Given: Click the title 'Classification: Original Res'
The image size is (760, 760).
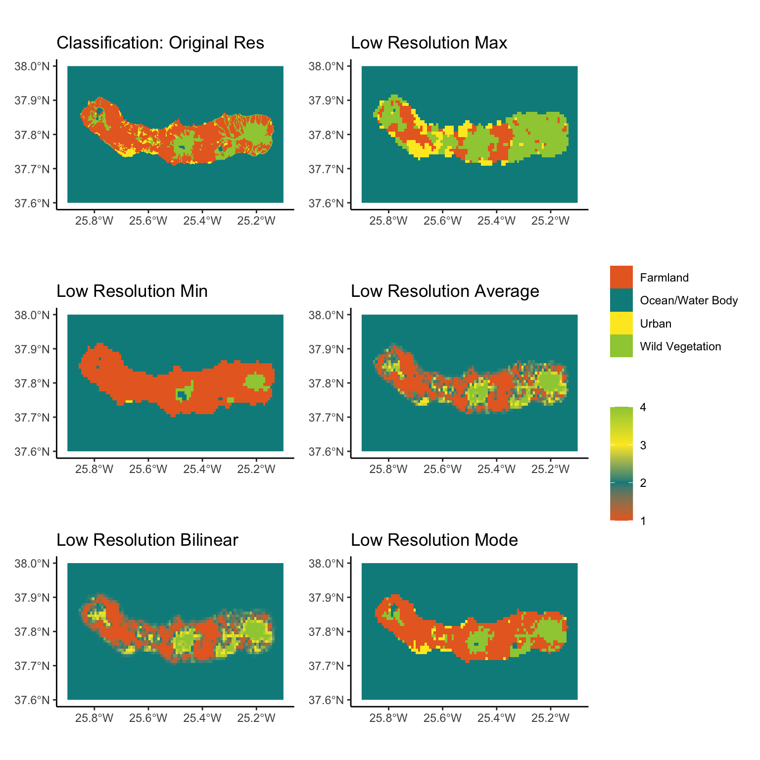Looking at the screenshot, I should (160, 43).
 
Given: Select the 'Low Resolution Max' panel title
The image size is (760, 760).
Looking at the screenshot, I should (429, 43).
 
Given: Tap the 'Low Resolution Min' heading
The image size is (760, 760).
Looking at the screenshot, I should (132, 291).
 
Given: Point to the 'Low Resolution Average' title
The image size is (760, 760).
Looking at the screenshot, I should (445, 291).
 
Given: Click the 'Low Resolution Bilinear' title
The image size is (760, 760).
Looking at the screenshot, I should (147, 540).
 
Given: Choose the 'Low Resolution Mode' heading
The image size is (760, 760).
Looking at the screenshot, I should (434, 540).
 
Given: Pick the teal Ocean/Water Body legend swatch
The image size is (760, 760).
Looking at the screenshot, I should (621, 300).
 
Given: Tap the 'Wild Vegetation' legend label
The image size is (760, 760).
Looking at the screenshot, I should (680, 346).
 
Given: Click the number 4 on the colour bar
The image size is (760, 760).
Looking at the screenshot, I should (643, 408).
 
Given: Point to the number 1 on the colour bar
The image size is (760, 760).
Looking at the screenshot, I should (643, 521).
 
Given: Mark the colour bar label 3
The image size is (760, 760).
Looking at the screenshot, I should (643, 445).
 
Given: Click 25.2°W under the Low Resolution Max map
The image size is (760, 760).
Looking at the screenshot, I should (551, 221).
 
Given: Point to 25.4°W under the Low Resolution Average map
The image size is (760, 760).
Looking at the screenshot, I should (496, 470).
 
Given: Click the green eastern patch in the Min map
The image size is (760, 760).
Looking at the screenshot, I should (255, 381).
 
